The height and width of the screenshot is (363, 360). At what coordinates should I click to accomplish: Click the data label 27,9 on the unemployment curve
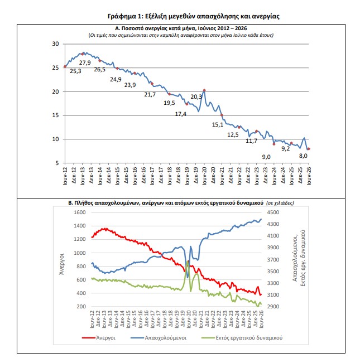tap(85, 63)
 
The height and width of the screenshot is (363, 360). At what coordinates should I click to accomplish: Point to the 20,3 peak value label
tap(196, 97)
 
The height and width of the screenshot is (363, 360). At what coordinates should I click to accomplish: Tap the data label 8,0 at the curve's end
tap(303, 156)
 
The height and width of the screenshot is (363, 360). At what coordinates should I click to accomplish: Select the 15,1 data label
tap(218, 124)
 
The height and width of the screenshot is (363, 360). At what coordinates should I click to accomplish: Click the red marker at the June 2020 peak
tap(204, 90)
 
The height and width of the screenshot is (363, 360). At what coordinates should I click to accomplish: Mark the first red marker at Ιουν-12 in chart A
tap(65, 67)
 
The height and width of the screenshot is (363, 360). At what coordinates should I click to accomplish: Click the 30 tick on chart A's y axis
tap(55, 43)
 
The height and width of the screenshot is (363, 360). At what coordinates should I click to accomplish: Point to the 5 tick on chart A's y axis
tap(57, 163)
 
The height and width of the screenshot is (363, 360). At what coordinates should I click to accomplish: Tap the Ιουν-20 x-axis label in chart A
tap(204, 176)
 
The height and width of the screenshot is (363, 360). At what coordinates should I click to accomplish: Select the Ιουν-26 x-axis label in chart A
tap(309, 176)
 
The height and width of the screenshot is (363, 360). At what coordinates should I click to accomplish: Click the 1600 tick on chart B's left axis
tap(80, 212)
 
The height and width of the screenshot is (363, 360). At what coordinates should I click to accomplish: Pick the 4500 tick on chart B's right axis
tap(273, 212)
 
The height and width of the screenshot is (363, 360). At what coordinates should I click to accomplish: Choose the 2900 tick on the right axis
tap(273, 306)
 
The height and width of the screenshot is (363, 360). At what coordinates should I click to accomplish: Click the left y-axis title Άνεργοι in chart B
tap(61, 264)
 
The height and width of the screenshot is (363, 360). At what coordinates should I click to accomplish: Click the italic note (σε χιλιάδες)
tap(280, 203)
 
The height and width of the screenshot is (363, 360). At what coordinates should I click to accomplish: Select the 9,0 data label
tap(266, 157)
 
